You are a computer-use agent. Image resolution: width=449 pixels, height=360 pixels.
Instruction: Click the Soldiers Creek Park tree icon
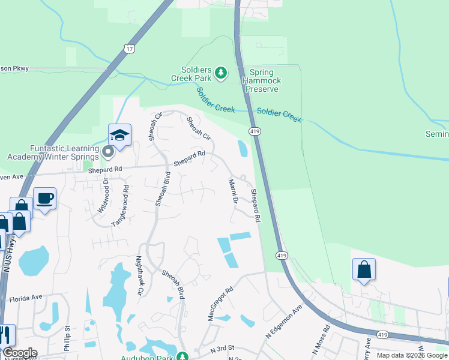coord(221,73)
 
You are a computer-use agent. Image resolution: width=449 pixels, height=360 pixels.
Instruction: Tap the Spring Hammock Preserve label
coord(261,80)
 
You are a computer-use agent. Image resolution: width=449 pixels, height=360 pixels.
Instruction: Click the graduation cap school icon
coord(119,135)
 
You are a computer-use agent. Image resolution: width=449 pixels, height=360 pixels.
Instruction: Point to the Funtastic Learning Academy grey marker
coord(108,151)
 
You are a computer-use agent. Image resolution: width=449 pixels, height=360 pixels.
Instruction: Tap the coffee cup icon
coord(44,198)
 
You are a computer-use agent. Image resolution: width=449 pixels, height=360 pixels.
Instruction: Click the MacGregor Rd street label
coord(220,303)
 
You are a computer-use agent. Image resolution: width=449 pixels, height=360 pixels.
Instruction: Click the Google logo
coord(20,353)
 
